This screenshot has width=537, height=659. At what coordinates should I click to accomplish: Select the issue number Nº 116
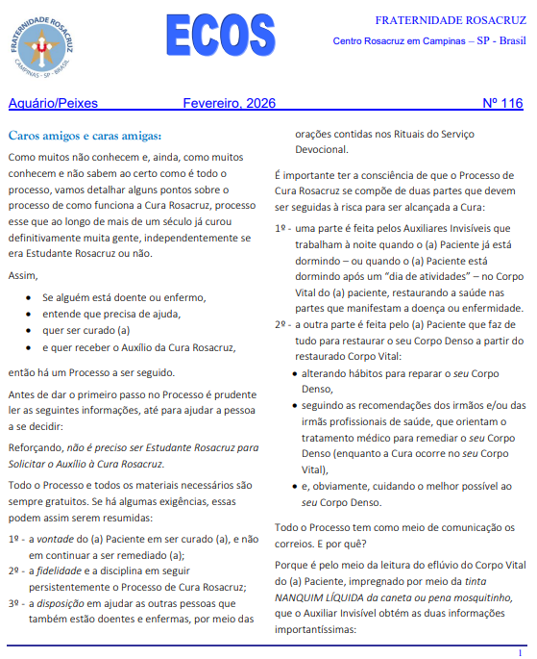pos(502,103)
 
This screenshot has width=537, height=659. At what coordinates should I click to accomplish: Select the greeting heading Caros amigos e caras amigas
pos(85,135)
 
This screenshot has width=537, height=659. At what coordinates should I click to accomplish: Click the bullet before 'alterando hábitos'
pos(293,372)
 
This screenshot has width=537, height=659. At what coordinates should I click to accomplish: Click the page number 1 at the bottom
pos(519,652)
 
